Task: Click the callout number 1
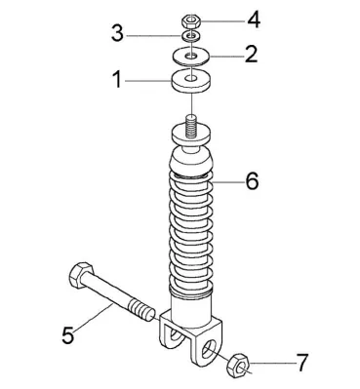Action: pos(117,80)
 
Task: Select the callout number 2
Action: pos(251,54)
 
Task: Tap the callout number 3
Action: pos(117,34)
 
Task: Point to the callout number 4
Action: pos(254,20)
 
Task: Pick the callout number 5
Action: pos(68,334)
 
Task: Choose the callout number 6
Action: pos(252,180)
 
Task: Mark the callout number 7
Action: pos(301,363)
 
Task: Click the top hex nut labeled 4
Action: pos(191,21)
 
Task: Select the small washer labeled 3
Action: pos(191,36)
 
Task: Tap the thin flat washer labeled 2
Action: pos(191,57)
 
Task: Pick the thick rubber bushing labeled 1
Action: pos(191,81)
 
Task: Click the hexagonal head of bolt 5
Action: pos(81,275)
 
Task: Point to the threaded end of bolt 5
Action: pos(141,311)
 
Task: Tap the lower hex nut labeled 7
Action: pos(239,366)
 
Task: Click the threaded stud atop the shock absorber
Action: pos(192,127)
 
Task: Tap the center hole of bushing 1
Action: pos(191,78)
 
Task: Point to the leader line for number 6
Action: pos(228,182)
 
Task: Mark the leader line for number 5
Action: pos(93,318)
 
